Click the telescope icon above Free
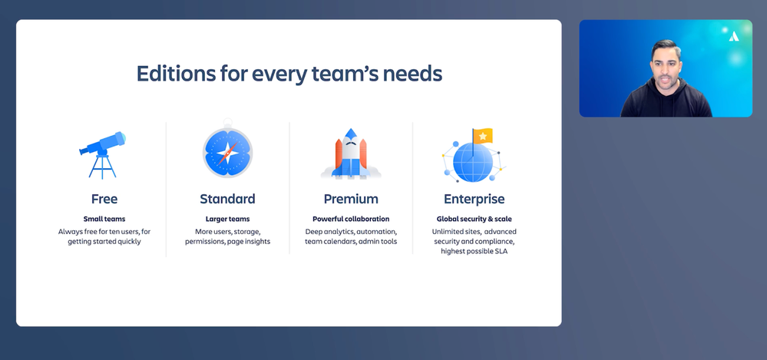click(x=103, y=154)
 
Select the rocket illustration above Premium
click(x=351, y=154)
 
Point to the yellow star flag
click(x=483, y=136)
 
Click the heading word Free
click(x=104, y=199)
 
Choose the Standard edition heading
click(x=227, y=199)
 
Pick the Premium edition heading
click(x=351, y=199)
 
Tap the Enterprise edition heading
click(x=474, y=199)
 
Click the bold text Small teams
click(x=104, y=219)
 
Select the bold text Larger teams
click(x=227, y=219)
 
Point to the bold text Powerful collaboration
click(x=351, y=219)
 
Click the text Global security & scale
click(x=474, y=219)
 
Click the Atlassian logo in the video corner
click(x=734, y=36)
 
